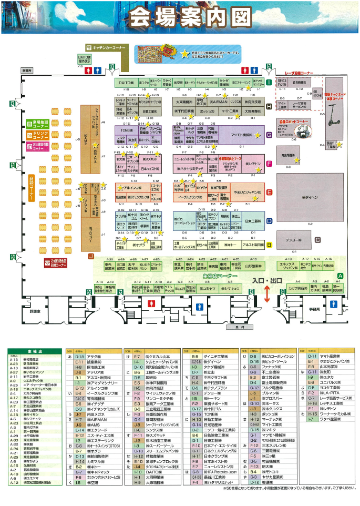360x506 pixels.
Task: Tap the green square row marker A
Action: tap(340, 276)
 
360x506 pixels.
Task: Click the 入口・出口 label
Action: tap(266, 281)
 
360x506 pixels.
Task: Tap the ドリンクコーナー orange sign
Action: tap(38, 135)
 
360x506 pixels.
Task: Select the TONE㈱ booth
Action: tap(125, 130)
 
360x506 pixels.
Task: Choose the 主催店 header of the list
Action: tap(33, 349)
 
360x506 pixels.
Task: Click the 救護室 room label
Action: tap(35, 311)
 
